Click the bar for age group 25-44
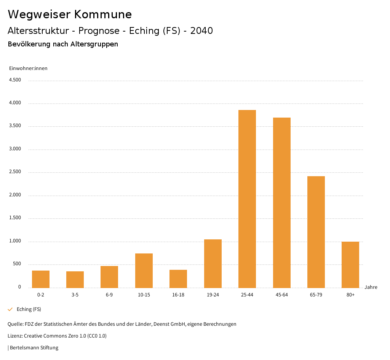pyautogui.click(x=247, y=199)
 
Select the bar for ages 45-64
pyautogui.click(x=281, y=202)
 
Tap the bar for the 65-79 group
pyautogui.click(x=316, y=232)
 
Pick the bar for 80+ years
pyautogui.click(x=350, y=264)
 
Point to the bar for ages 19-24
pyautogui.click(x=213, y=263)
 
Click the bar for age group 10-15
pyautogui.click(x=144, y=270)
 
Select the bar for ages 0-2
pyautogui.click(x=41, y=279)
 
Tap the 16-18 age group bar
pyautogui.click(x=178, y=279)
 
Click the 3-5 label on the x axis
pyautogui.click(x=75, y=295)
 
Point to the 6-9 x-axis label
pyautogui.click(x=109, y=295)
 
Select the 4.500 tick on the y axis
pyautogui.click(x=15, y=80)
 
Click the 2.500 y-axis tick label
pyautogui.click(x=15, y=172)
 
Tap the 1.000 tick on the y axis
pyautogui.click(x=15, y=241)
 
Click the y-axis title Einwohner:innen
pyautogui.click(x=28, y=68)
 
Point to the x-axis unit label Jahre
pyautogui.click(x=371, y=287)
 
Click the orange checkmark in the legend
pyautogui.click(x=10, y=309)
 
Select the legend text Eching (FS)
pyautogui.click(x=29, y=309)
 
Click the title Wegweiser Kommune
pyautogui.click(x=70, y=14)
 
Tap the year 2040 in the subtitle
pyautogui.click(x=201, y=31)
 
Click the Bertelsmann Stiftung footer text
pyautogui.click(x=34, y=348)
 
